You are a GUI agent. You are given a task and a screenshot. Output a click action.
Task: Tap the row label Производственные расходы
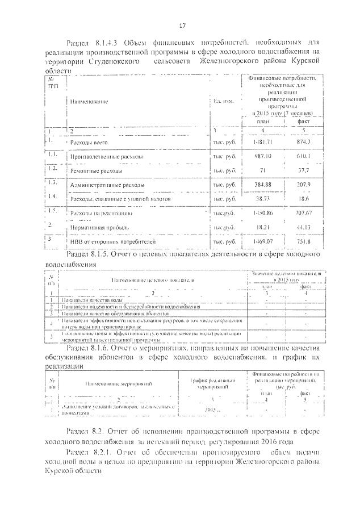106,156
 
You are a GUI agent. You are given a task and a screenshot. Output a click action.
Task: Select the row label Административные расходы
107,185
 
